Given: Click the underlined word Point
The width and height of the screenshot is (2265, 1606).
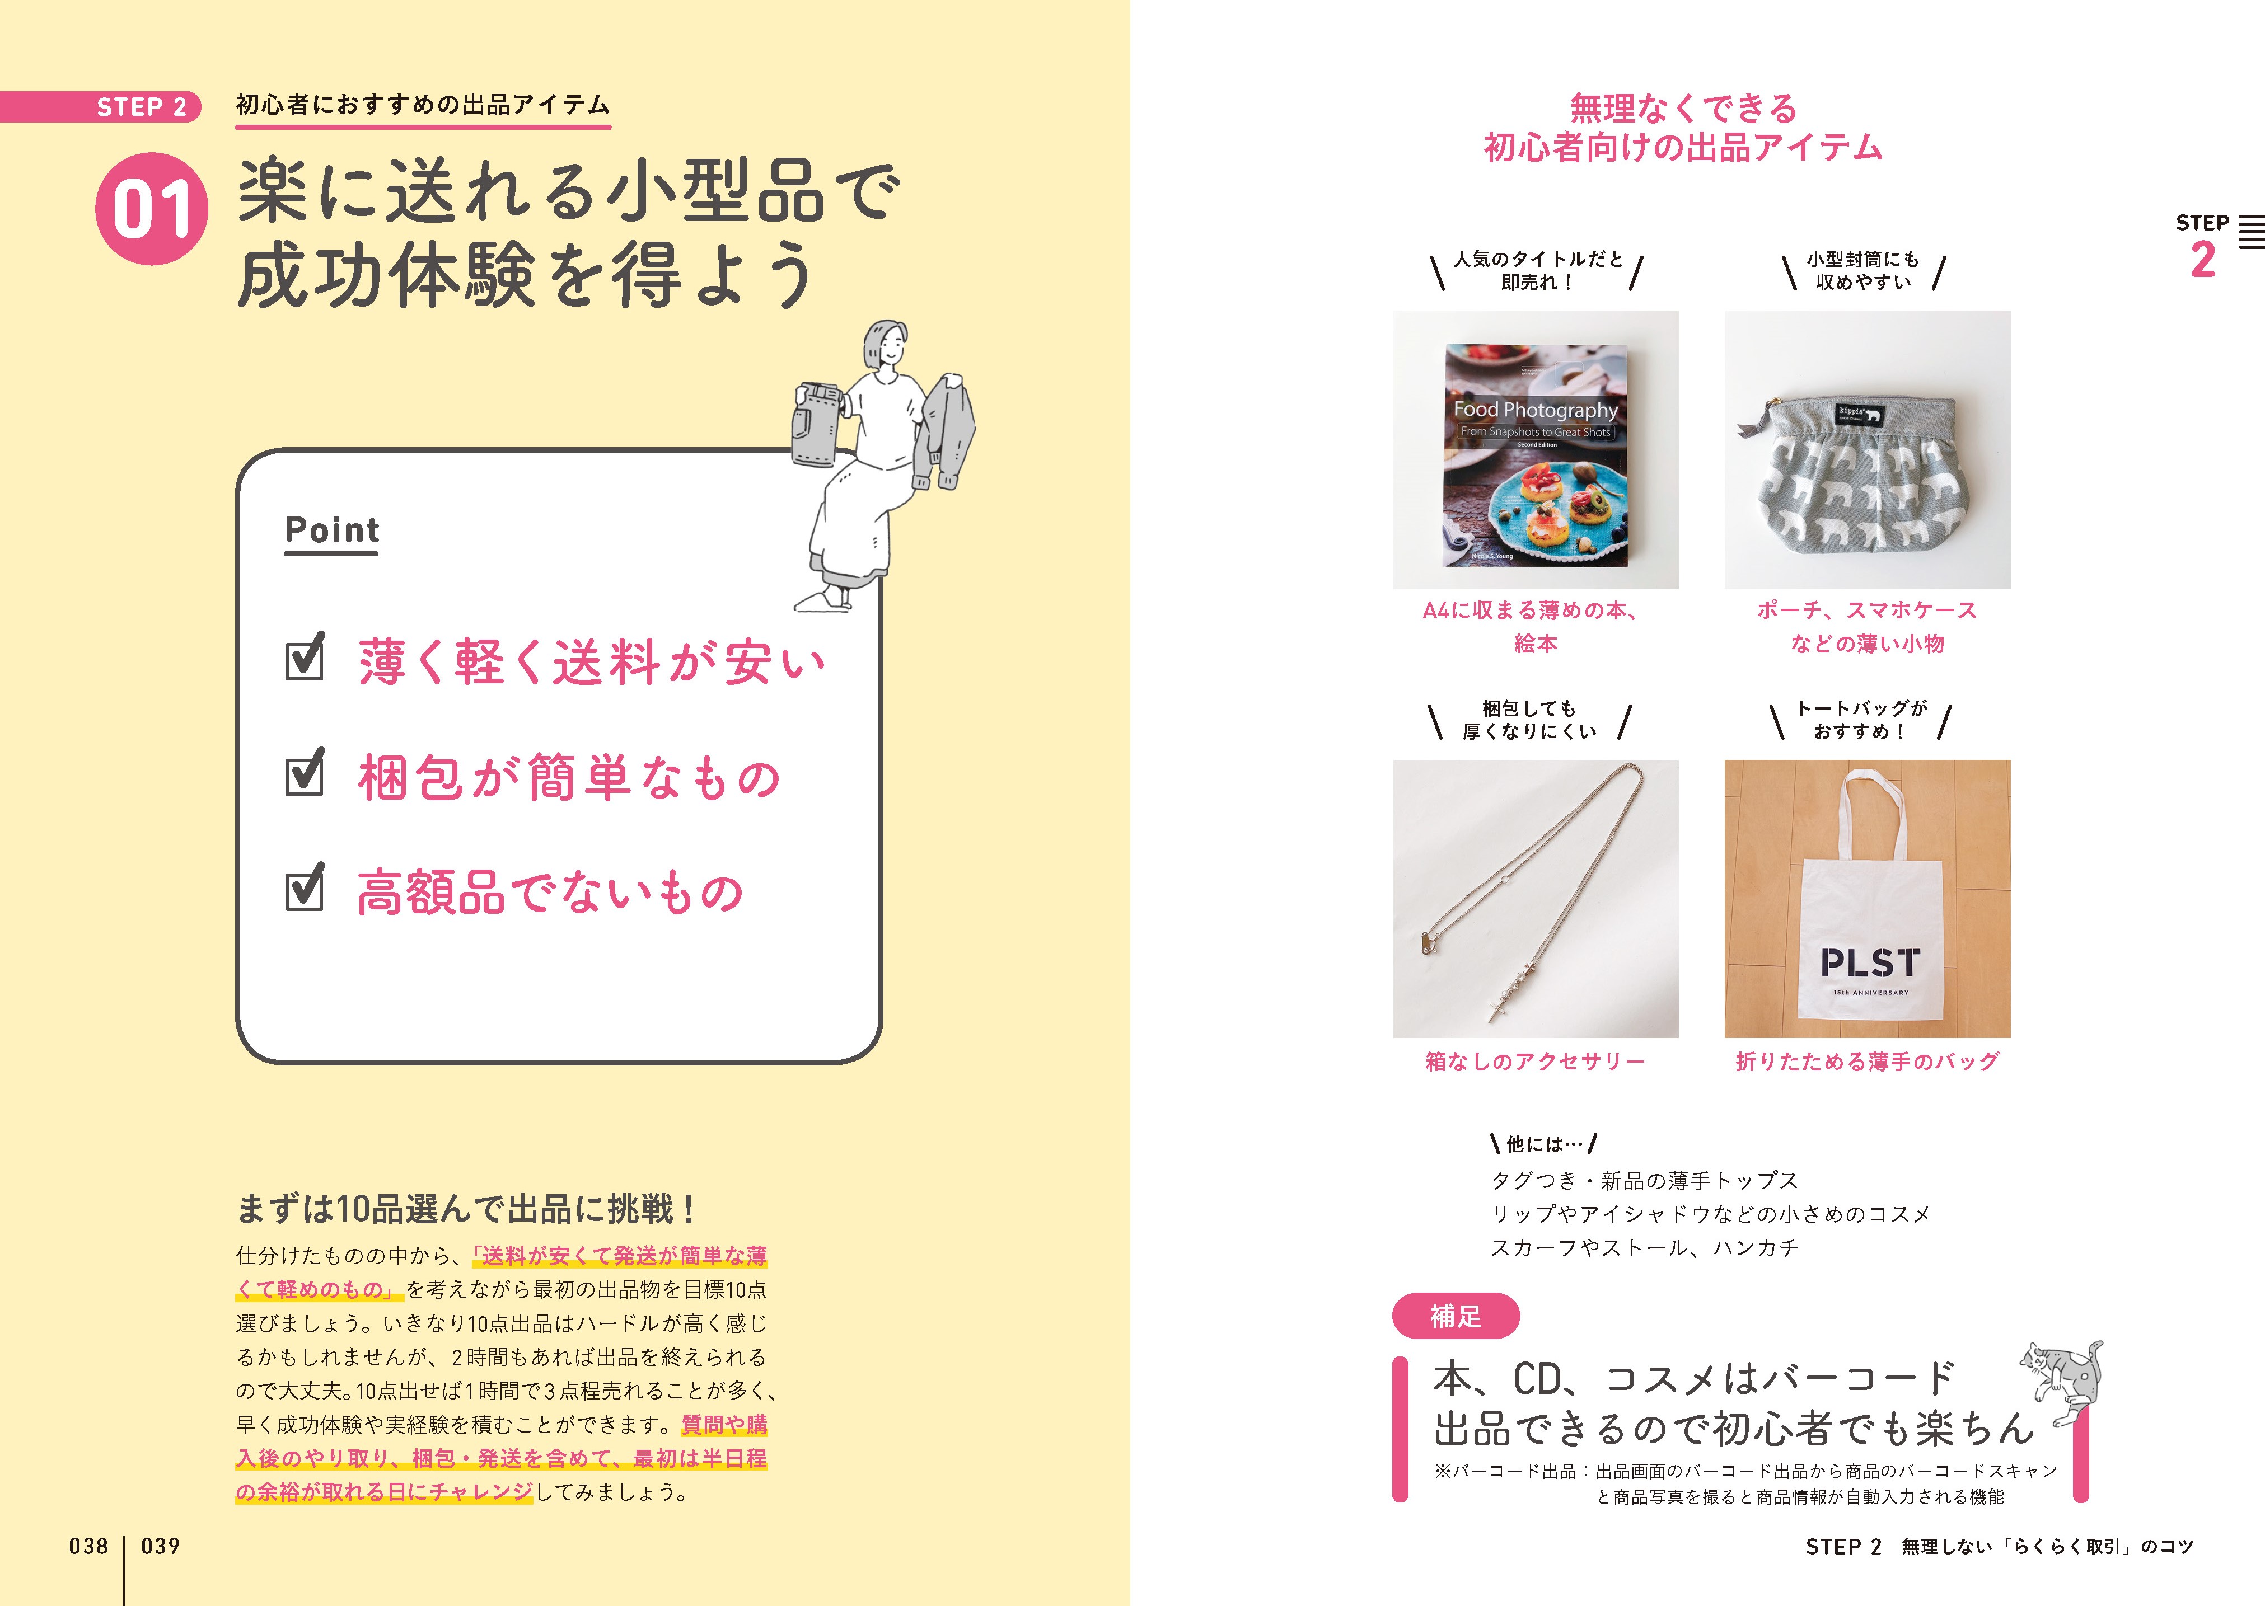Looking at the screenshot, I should pyautogui.click(x=331, y=530).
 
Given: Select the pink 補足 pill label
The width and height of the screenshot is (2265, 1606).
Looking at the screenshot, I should pyautogui.click(x=1455, y=1316).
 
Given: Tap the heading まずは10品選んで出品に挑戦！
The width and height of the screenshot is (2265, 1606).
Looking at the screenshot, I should pyautogui.click(x=467, y=1209).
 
